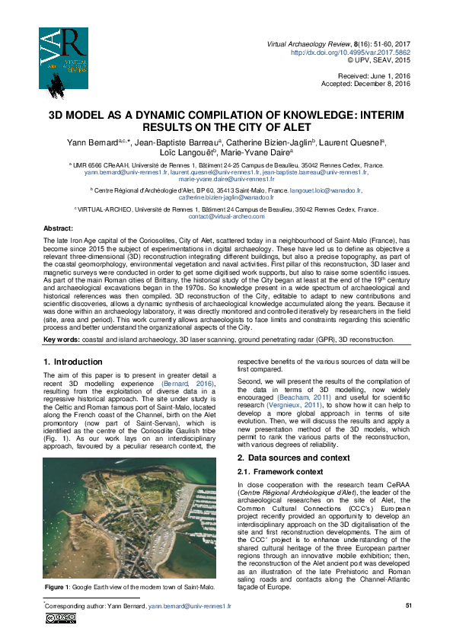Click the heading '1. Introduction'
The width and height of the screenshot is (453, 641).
click(73, 361)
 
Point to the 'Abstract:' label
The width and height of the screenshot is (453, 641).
click(59, 228)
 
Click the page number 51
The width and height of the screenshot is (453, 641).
click(407, 605)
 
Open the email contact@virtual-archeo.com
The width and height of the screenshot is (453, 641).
click(226, 216)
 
